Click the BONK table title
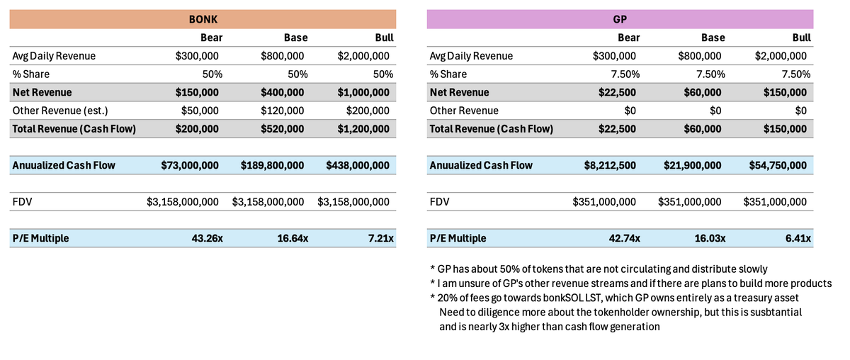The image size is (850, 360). tap(203, 19)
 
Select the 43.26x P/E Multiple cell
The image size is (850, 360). tap(207, 238)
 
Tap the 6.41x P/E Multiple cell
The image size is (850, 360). tap(798, 238)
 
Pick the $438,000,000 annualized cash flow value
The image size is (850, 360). tap(358, 165)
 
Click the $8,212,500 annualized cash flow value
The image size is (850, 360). tap(609, 165)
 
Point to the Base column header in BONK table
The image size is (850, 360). tap(295, 38)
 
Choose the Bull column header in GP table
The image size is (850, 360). tap(801, 38)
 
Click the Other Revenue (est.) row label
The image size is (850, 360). tap(60, 111)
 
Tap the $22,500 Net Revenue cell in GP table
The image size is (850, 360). tap(618, 92)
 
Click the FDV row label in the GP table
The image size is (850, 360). tap(439, 202)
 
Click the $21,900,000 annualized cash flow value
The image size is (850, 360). tap(692, 165)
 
